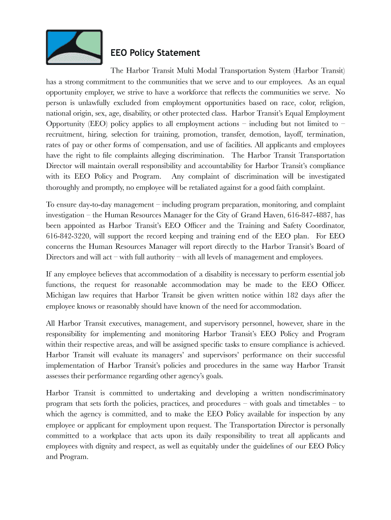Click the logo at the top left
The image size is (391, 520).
[x=73, y=47]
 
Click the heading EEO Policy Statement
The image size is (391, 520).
[x=155, y=53]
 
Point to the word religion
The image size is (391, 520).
[x=331, y=102]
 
